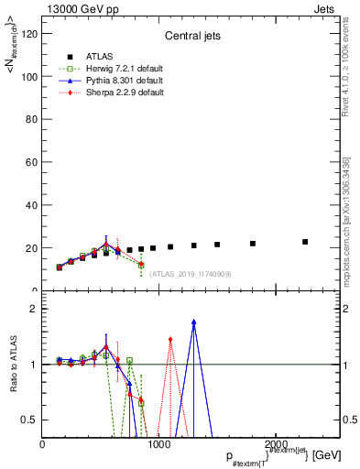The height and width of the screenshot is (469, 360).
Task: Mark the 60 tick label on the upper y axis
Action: tap(31, 163)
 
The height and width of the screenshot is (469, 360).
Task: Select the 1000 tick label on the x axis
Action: tap(158, 444)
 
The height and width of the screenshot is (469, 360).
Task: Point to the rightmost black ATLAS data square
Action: tap(305, 242)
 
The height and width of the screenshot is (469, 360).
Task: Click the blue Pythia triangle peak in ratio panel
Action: tap(194, 322)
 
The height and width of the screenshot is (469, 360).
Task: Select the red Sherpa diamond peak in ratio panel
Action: tap(170, 340)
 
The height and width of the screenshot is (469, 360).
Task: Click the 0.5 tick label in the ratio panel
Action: tap(30, 420)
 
